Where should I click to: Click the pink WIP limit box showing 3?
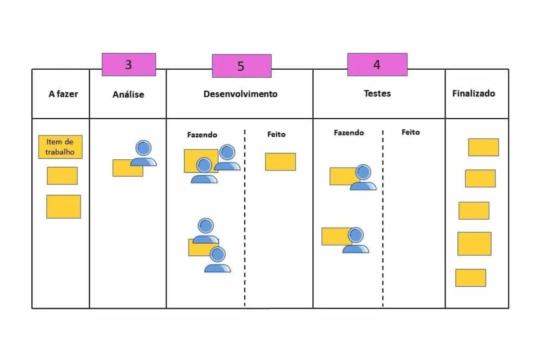(129, 64)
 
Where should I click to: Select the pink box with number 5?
(242, 66)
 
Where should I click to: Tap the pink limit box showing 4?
(377, 64)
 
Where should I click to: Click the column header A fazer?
(63, 94)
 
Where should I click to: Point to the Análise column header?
(128, 94)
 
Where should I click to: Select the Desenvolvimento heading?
(240, 94)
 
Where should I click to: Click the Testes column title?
(377, 94)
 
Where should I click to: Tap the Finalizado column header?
(473, 94)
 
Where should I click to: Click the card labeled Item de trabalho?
(60, 147)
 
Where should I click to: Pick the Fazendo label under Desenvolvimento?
(202, 135)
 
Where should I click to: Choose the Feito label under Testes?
(410, 132)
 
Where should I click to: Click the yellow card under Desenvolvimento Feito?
(280, 162)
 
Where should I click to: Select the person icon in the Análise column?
(144, 153)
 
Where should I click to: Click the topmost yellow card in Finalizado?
(483, 147)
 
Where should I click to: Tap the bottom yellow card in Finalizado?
(470, 278)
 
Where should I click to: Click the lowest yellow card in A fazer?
(63, 207)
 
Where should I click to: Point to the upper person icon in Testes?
(363, 177)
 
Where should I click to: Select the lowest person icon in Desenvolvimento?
(218, 260)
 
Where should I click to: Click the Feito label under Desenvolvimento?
(276, 135)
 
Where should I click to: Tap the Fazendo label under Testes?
(349, 133)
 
